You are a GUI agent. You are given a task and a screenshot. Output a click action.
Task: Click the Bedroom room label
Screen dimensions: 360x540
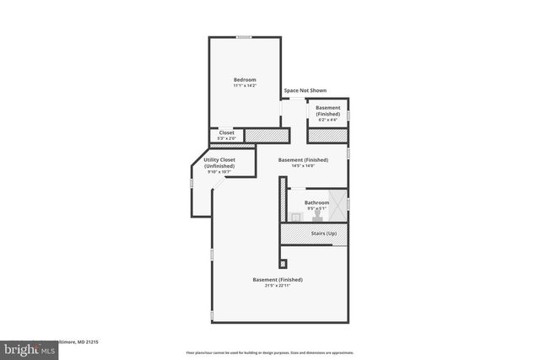click(x=245, y=79)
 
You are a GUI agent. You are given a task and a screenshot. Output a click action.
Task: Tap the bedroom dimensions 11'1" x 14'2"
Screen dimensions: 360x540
click(x=245, y=85)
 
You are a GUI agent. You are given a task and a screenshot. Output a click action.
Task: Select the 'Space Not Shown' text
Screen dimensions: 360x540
click(x=305, y=90)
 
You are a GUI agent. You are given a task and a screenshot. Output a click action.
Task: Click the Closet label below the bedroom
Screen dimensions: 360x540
click(x=226, y=132)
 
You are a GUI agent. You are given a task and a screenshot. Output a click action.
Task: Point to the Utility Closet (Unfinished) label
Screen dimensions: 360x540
click(x=219, y=163)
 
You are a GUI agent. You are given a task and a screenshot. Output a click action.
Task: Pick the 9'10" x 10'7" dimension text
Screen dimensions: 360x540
click(x=219, y=172)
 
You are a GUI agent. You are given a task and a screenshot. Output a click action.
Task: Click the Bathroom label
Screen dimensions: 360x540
click(x=316, y=202)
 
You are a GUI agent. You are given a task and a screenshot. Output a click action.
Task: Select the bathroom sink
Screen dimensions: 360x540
click(x=297, y=217)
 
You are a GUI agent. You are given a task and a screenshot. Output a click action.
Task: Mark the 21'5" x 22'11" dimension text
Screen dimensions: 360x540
click(x=278, y=285)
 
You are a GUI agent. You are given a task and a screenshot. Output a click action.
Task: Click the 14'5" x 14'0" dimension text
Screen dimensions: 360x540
click(x=303, y=165)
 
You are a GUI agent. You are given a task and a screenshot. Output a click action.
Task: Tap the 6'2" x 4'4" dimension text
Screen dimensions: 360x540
click(x=327, y=119)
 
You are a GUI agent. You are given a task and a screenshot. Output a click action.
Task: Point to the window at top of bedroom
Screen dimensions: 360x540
click(x=244, y=37)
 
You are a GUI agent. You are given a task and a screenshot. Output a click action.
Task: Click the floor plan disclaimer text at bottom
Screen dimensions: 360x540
click(x=269, y=352)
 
